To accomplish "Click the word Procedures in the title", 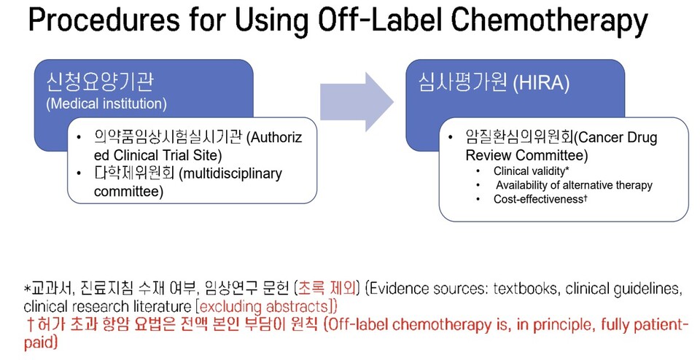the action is pos(104,20).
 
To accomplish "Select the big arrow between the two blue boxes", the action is pos(357,102).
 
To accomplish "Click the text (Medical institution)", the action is pos(106,103).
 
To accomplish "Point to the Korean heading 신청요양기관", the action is pos(100,82).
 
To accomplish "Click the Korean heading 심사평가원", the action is pos(463,82).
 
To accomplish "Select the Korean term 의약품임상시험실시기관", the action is pos(168,137).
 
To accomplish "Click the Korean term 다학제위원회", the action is pos(134,173).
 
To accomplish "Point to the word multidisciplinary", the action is pos(230,173).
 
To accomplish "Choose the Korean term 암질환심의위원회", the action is pos(519,136).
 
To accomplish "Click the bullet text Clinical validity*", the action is pos(532,171).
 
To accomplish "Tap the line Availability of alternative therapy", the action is pos(574,184).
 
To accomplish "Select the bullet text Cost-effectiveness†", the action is pos(540,199).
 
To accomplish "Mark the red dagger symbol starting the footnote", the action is pos(30,325).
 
